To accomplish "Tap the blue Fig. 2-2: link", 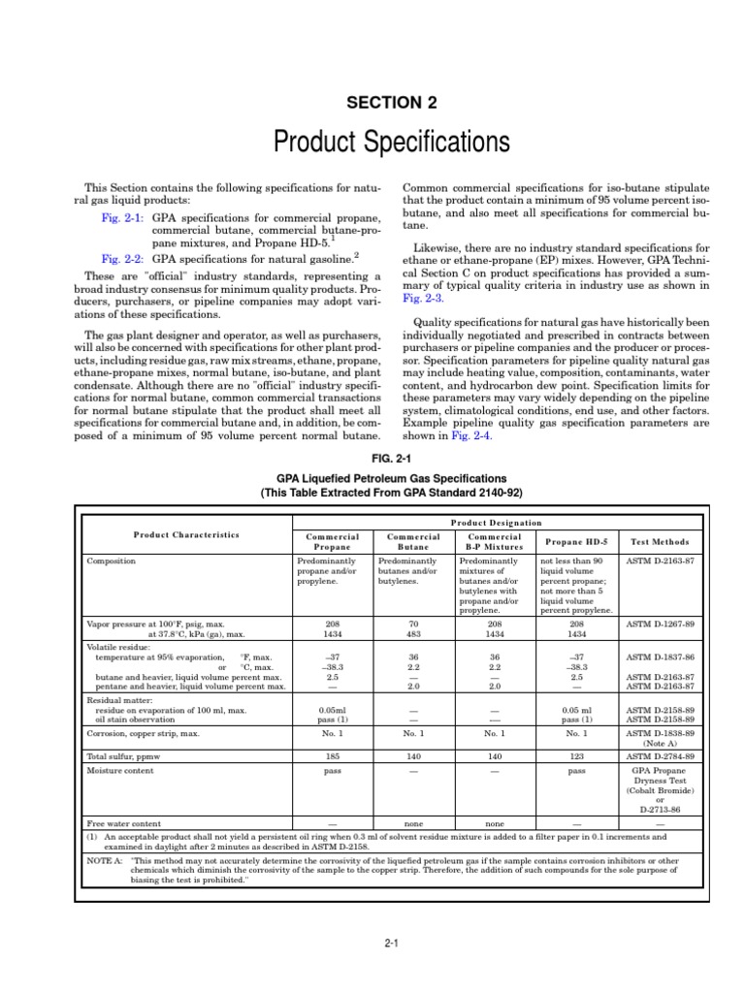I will click(122, 260).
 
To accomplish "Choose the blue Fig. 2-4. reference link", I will click(470, 436).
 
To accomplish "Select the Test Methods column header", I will click(659, 542).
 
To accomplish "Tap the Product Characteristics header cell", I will click(186, 535).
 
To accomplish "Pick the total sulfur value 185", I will click(333, 754).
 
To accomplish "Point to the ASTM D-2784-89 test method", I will click(659, 754).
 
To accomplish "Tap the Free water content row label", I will click(123, 821).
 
